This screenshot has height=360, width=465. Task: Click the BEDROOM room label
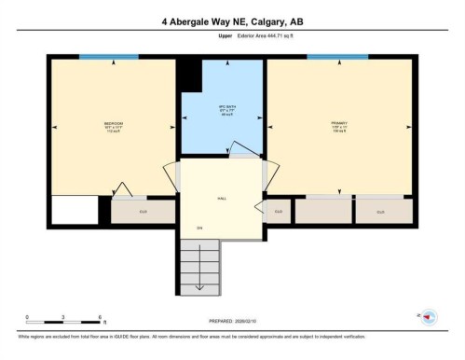pos(114,125)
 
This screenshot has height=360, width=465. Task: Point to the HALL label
pos(222,199)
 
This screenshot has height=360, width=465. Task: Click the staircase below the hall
pos(199,266)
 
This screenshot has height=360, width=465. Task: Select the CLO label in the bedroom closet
pos(143,212)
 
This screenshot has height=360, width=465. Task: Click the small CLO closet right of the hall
pos(278,212)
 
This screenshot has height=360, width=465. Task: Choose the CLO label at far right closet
pos(380,212)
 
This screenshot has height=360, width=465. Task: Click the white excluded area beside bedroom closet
pos(75,212)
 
